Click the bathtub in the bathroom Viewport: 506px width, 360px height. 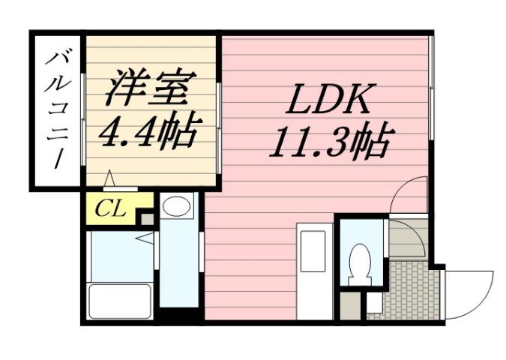120,300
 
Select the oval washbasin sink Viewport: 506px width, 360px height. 178,208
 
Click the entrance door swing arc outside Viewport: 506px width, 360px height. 469,292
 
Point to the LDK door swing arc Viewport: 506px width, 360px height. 409,195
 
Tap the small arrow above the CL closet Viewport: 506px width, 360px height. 109,179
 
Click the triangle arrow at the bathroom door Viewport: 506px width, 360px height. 143,238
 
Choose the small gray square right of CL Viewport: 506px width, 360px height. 146,219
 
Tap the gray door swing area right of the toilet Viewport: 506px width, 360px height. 405,238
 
